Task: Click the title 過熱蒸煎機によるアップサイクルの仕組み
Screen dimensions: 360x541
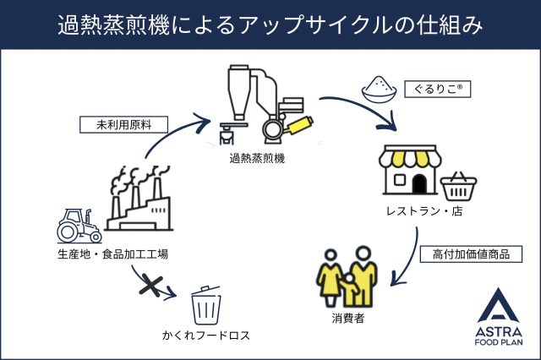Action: point(270,25)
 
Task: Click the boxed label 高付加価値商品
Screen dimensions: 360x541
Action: point(471,254)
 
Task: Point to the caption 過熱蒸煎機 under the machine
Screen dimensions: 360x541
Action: point(257,157)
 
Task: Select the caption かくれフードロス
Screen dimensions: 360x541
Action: point(206,335)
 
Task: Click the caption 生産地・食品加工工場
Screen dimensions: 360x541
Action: point(107,254)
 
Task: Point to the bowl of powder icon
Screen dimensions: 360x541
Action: point(378,87)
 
